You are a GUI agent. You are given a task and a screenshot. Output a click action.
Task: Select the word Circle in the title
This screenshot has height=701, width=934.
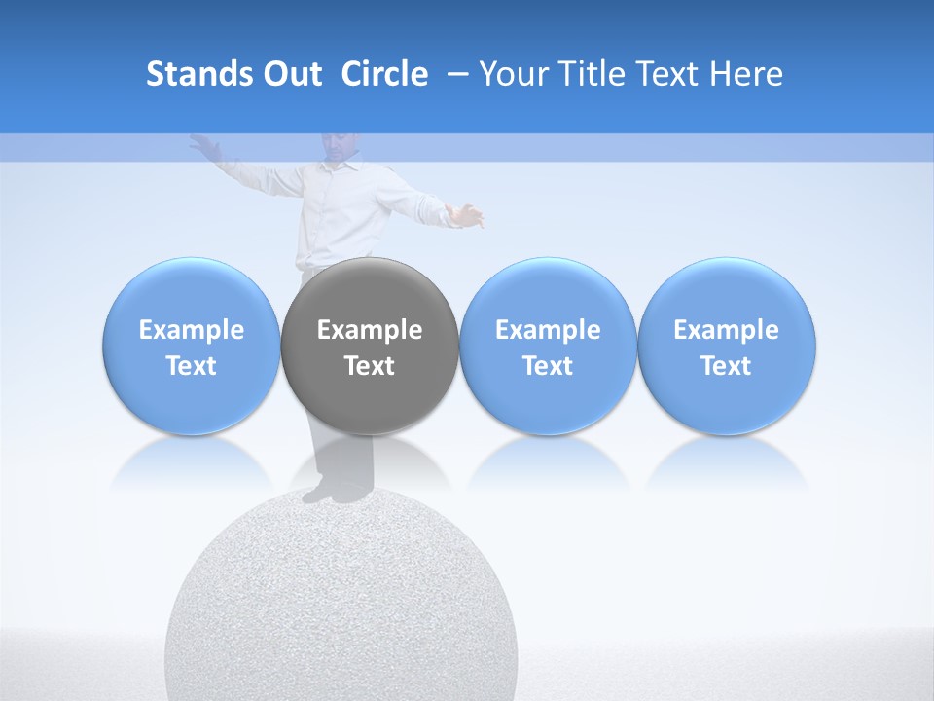pyautogui.click(x=384, y=74)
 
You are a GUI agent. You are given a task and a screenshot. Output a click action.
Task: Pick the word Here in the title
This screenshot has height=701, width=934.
pyautogui.click(x=746, y=74)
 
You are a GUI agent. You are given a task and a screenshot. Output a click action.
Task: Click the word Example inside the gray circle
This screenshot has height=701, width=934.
pyautogui.click(x=370, y=330)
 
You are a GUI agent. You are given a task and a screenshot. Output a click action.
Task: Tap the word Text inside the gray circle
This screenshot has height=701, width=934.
pyautogui.click(x=370, y=366)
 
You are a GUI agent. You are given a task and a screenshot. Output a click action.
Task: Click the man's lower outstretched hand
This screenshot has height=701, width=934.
pyautogui.click(x=470, y=214)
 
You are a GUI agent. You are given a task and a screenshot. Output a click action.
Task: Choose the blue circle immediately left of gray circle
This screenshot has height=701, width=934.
pyautogui.click(x=192, y=347)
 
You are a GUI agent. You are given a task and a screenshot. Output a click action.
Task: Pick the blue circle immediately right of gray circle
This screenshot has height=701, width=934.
pyautogui.click(x=548, y=347)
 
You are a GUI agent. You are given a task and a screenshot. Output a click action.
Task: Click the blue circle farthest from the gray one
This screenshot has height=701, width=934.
pyautogui.click(x=726, y=347)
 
